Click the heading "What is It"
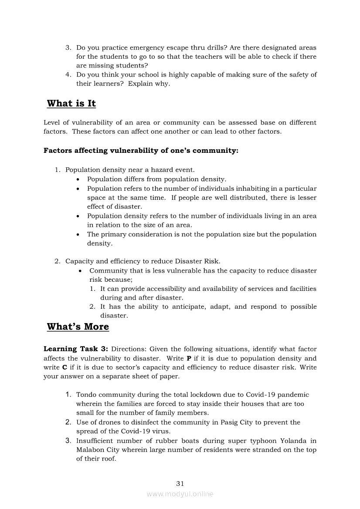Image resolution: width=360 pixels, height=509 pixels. (71, 104)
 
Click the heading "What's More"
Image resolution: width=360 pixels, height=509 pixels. (78, 327)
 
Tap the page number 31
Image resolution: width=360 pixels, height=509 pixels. (180, 483)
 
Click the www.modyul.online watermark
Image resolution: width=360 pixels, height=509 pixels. (180, 494)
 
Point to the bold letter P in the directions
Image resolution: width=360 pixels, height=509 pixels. (189, 358)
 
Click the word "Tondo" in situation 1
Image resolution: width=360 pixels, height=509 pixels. (86, 395)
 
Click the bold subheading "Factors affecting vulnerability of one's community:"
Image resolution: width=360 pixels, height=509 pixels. (141, 151)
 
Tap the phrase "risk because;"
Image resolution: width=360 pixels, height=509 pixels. (111, 280)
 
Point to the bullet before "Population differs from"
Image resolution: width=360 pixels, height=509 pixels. (78, 179)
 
